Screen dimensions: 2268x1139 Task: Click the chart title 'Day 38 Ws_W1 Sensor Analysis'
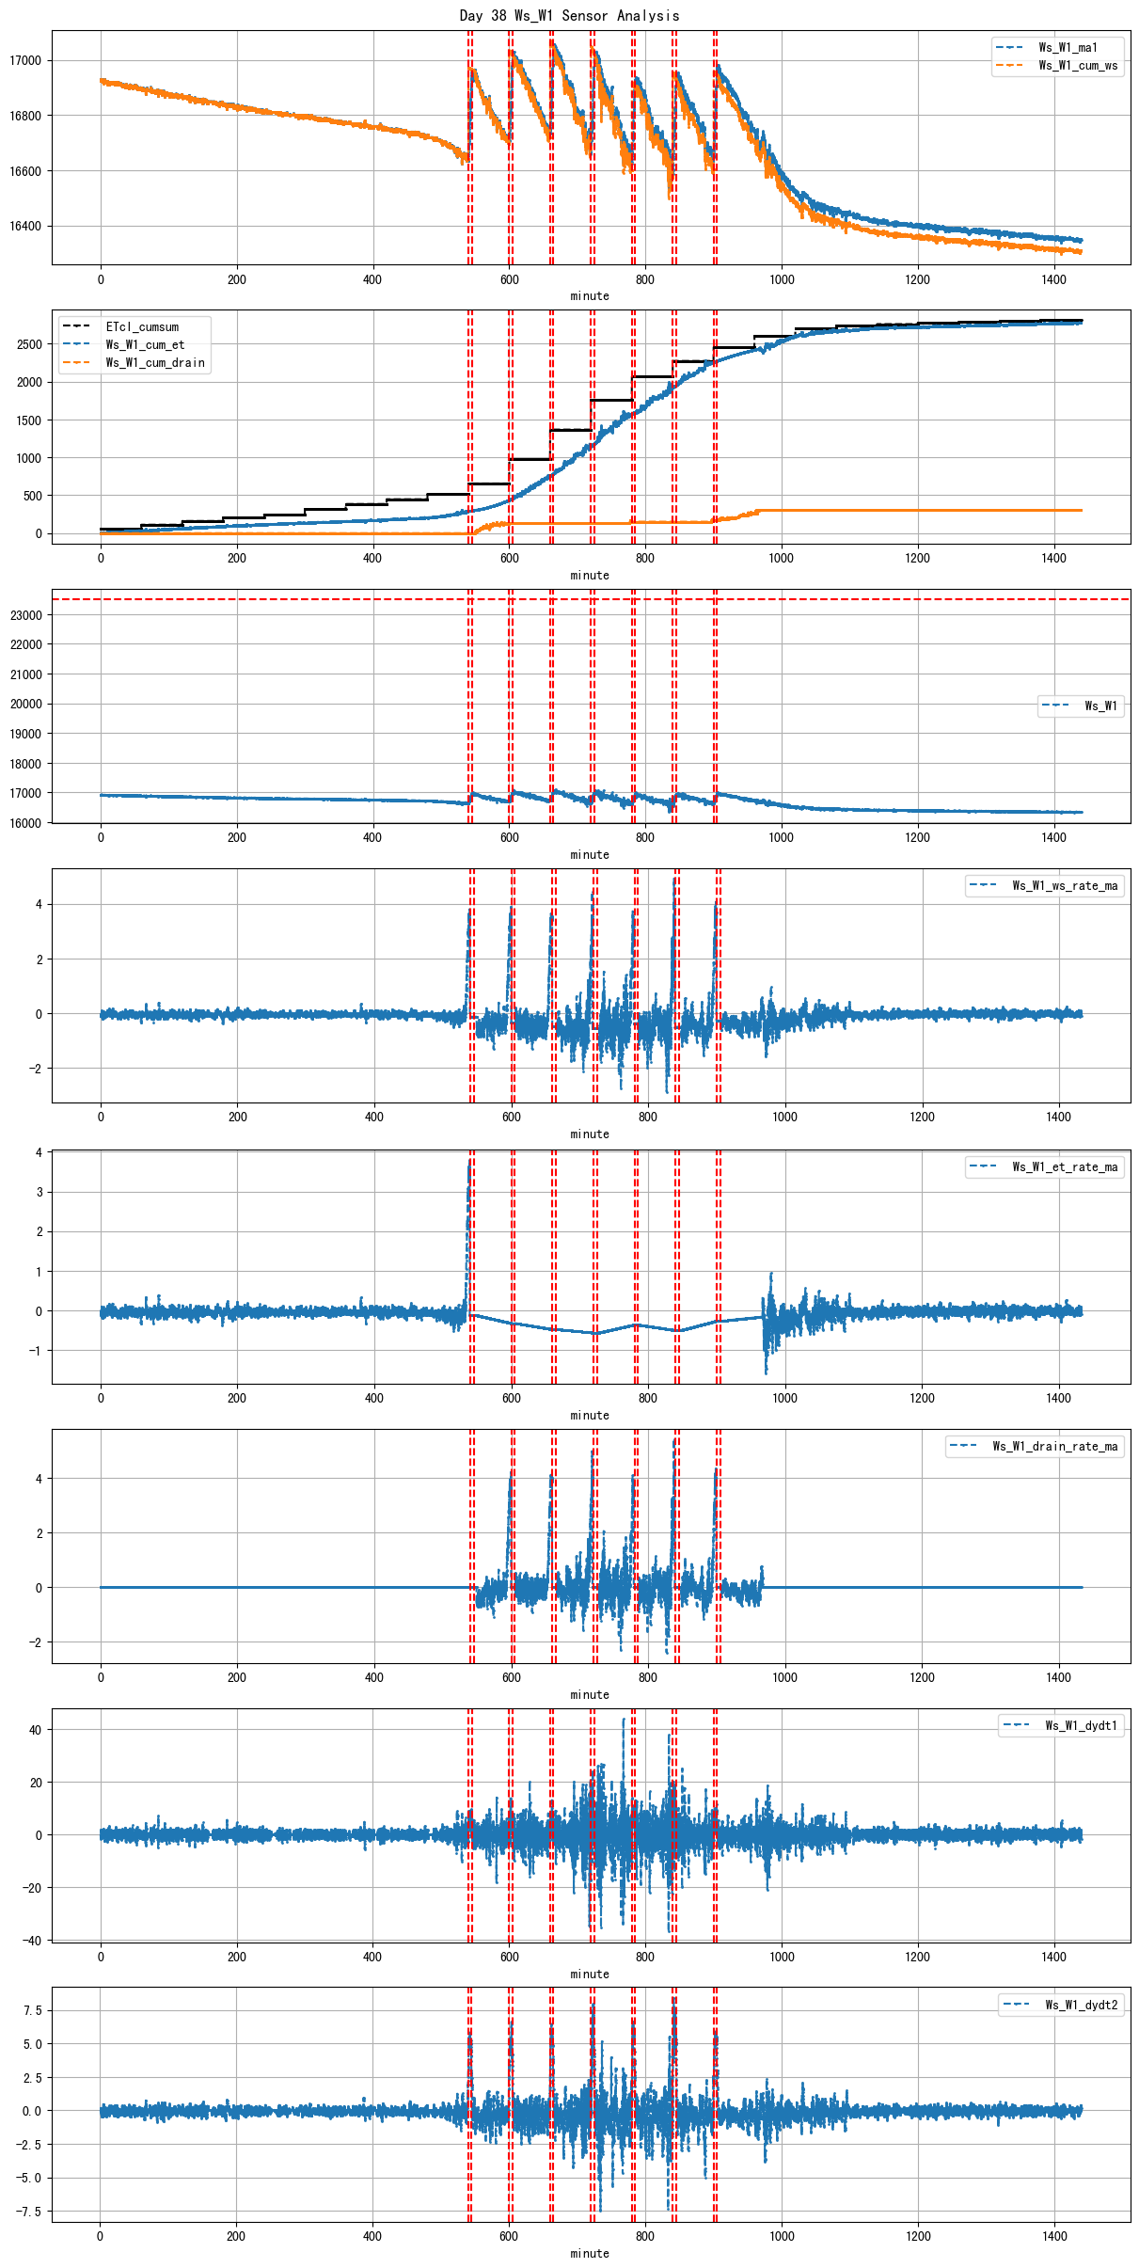point(569,15)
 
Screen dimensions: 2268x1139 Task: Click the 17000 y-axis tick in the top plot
point(25,61)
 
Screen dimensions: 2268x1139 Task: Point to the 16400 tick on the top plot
point(25,227)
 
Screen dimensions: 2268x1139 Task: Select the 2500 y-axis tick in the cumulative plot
point(29,345)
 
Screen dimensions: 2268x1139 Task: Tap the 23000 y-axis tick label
point(25,615)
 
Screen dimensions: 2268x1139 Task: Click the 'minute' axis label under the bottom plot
point(590,2254)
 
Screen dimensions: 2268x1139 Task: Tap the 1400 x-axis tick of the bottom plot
point(1054,2236)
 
